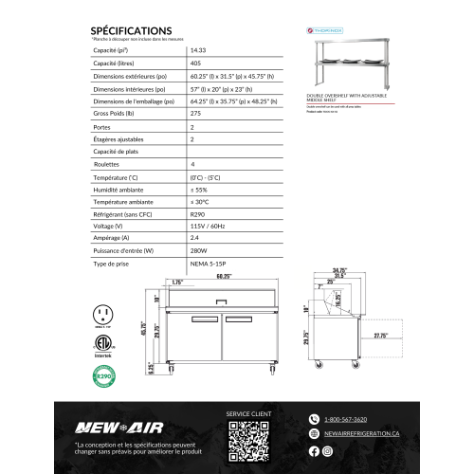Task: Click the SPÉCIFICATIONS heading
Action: pos(131,30)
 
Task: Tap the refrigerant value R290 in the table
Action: pos(199,215)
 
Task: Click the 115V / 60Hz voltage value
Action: pos(208,227)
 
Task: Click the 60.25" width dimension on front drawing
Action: pos(224,277)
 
